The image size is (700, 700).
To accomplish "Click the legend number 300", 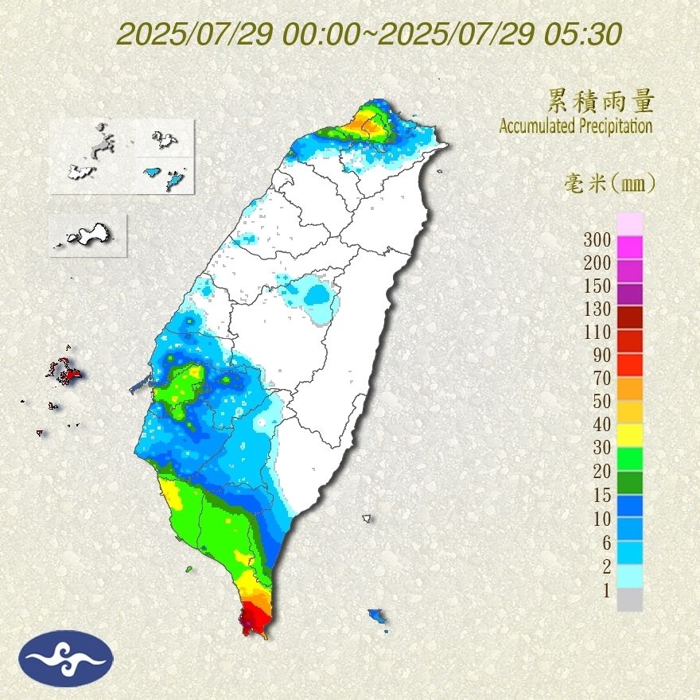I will click(x=597, y=239).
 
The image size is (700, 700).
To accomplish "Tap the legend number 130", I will click(x=597, y=309).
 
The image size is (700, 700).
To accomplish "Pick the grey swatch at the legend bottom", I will click(x=629, y=600).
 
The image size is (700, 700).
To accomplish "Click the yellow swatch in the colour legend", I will click(x=629, y=434).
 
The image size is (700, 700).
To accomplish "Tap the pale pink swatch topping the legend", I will click(x=629, y=224).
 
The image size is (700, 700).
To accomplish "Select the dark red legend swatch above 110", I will click(x=629, y=317).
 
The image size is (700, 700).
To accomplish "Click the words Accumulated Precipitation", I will click(x=576, y=126).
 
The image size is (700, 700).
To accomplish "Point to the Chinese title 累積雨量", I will click(x=601, y=101).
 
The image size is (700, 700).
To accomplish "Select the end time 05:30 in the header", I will click(x=584, y=34).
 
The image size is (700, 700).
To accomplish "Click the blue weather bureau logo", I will click(x=68, y=658).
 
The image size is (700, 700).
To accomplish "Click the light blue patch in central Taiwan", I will click(x=317, y=295).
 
